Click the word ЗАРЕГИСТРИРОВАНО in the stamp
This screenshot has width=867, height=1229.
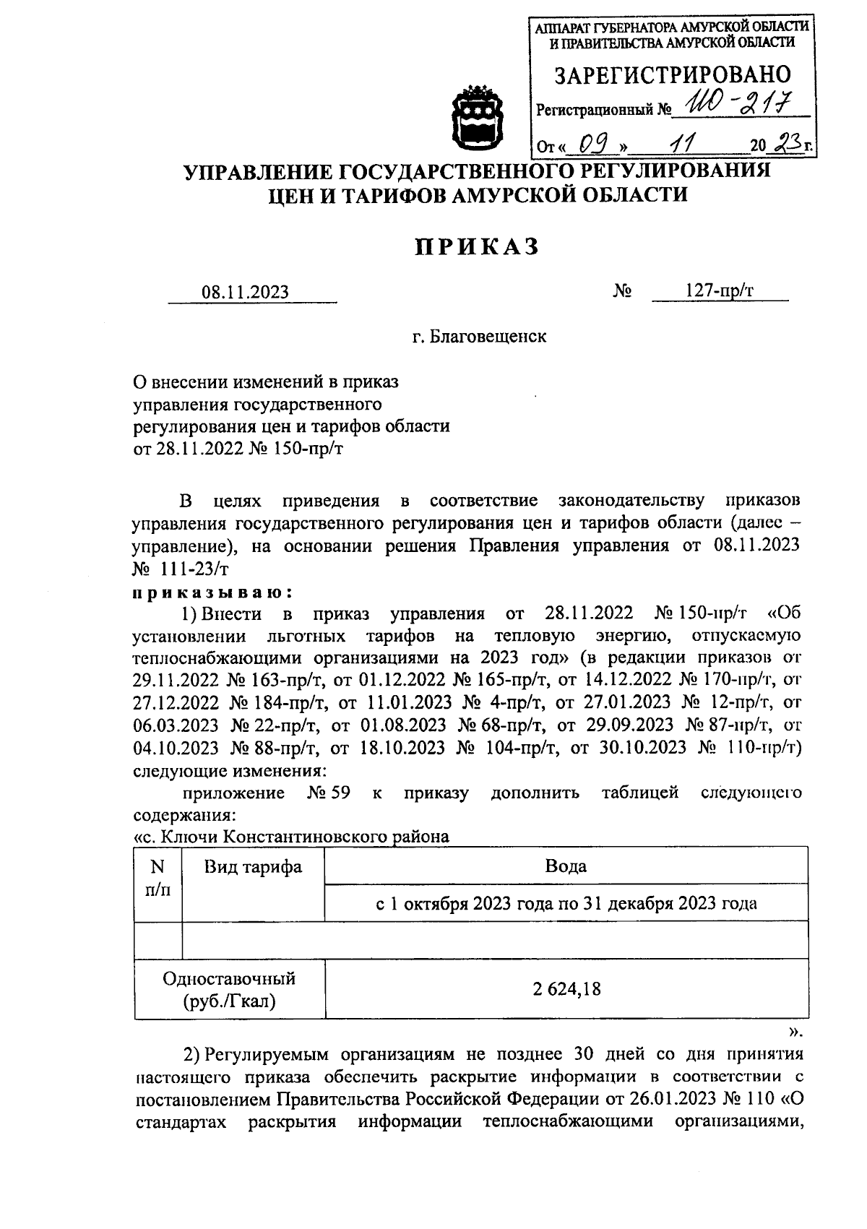point(671,75)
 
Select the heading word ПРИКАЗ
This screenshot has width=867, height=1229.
point(477,246)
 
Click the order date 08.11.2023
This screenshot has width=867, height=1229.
point(246,292)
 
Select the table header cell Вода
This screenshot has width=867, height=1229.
point(566,866)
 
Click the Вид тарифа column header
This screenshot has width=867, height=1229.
point(252,866)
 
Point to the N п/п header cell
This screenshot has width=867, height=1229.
point(158,877)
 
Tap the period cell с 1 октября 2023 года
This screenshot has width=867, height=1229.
point(566,903)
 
